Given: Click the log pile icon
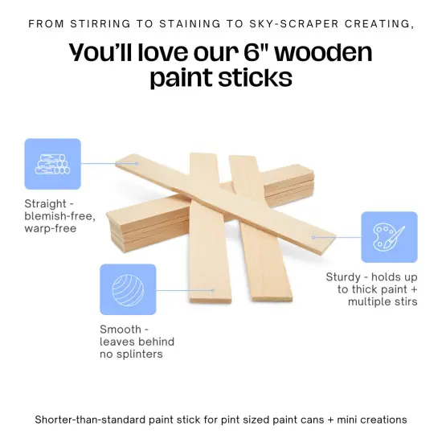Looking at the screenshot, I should [53, 164].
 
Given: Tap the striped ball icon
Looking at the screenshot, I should [128, 289].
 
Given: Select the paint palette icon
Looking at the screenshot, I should [389, 237].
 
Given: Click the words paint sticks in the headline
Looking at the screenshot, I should [220, 80].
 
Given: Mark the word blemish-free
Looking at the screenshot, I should [59, 217].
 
